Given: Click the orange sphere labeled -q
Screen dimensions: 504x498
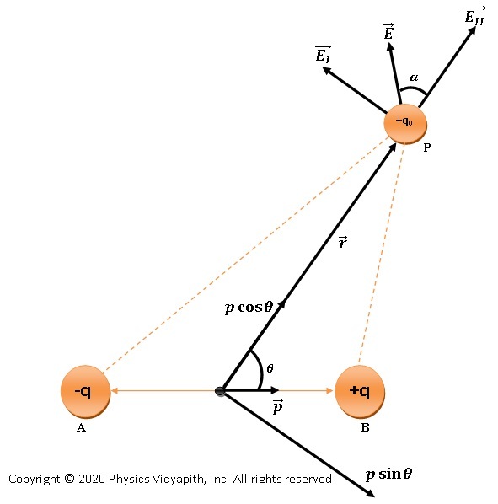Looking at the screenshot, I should click(x=85, y=391).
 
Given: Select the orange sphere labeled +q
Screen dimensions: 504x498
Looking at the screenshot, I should click(x=361, y=391).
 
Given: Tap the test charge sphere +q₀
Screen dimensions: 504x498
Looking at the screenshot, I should click(x=404, y=122).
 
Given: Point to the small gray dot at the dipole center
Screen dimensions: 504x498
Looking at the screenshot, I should click(x=221, y=391).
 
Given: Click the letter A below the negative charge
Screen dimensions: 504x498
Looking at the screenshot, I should click(x=82, y=428).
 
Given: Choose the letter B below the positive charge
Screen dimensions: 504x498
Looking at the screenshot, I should click(x=365, y=428).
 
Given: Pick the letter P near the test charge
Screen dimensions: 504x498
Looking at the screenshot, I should click(x=427, y=147).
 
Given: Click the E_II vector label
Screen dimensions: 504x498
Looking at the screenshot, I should click(x=474, y=16).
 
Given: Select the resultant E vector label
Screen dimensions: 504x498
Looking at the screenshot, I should click(x=388, y=32).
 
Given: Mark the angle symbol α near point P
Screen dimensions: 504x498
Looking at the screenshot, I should click(x=413, y=78).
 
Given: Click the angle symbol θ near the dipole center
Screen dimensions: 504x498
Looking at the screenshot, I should click(x=270, y=368).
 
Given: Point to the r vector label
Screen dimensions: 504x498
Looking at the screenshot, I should click(x=342, y=242).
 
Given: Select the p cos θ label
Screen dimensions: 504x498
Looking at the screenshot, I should click(x=249, y=308).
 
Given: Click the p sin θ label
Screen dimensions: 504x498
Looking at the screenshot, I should click(x=388, y=474).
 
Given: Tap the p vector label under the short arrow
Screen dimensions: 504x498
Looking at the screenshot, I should click(x=277, y=408).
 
